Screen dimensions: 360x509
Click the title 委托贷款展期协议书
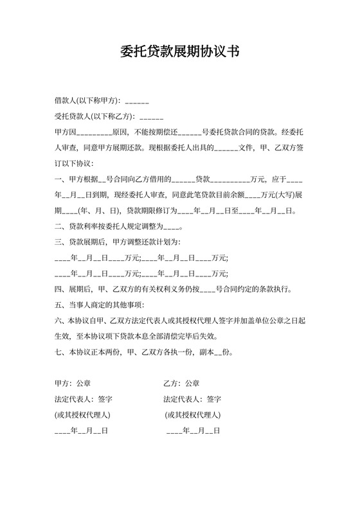coord(180,51)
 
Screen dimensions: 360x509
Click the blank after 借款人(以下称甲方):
coord(137,102)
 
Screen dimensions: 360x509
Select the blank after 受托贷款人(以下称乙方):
coord(150,117)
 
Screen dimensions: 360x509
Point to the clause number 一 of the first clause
coord(58,179)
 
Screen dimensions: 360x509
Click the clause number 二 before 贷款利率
coord(58,226)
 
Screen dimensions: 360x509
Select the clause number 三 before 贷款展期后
coord(58,242)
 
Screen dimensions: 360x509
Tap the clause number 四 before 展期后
coord(58,289)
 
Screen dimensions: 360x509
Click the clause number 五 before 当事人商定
coord(58,305)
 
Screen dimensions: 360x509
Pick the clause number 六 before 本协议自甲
coord(58,321)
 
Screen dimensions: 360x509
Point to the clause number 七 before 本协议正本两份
coord(58,352)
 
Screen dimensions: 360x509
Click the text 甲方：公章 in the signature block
coord(73,384)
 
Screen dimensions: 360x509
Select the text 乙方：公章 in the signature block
coord(182,384)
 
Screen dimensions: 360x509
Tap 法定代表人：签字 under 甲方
coord(84,399)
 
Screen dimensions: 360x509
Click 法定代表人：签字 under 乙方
coord(193,399)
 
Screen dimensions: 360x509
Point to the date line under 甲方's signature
coord(81,431)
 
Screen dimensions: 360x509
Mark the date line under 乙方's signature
coord(193,431)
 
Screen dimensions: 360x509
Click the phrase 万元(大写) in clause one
coord(278,195)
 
